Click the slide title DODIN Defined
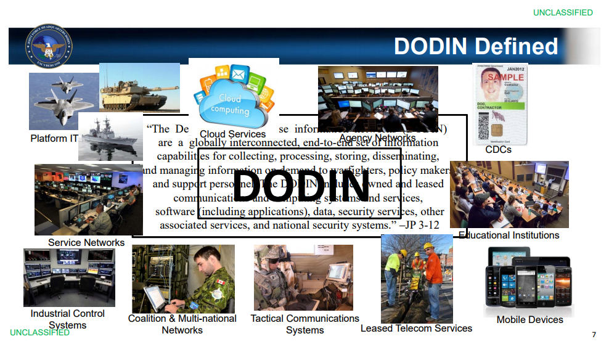tap(475, 47)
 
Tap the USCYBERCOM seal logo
tap(49, 46)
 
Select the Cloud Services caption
tap(232, 134)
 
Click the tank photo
tap(139, 87)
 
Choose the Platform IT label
tap(54, 139)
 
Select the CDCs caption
tap(498, 149)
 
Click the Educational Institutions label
tap(509, 235)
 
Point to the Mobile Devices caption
tap(530, 319)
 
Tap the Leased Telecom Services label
tap(416, 329)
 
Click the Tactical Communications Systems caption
tap(304, 324)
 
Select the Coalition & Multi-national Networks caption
tap(182, 324)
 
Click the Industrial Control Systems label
tap(68, 319)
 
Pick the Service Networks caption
tap(86, 242)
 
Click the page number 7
tap(594, 335)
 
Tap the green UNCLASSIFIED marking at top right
tap(563, 12)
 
